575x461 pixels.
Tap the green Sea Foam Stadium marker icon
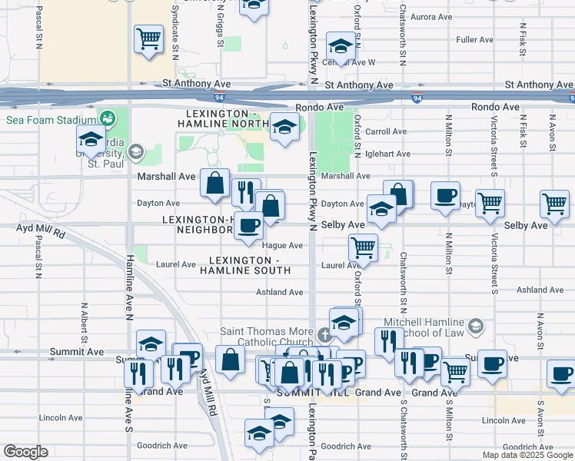[107, 119]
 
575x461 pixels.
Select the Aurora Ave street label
[432, 17]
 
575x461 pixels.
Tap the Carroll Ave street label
[386, 132]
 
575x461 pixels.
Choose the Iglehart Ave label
[388, 154]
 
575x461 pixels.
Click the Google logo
[25, 452]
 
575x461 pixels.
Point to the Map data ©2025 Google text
[527, 455]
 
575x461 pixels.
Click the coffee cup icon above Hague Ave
[248, 225]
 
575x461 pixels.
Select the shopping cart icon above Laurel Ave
[362, 247]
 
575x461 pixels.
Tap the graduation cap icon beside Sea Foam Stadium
[91, 140]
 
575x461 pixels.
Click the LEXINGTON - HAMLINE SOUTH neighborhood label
[244, 265]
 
